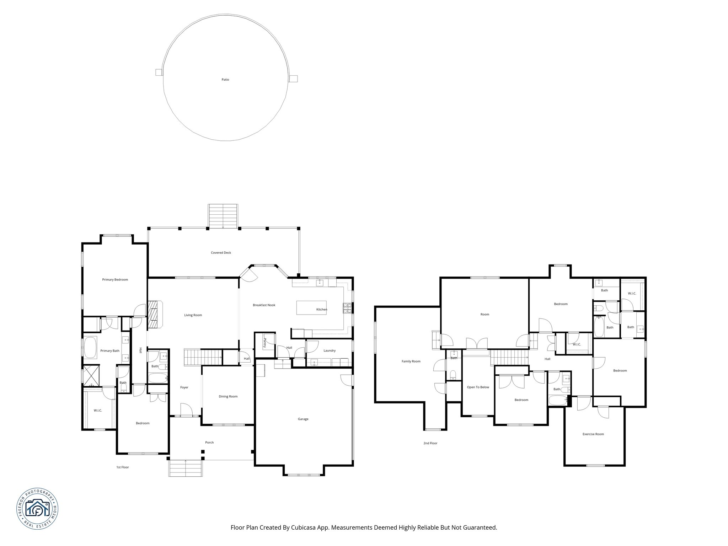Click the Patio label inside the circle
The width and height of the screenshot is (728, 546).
click(x=225, y=80)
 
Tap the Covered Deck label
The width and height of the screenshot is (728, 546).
click(x=221, y=253)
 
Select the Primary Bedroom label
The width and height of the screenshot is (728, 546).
click(x=115, y=280)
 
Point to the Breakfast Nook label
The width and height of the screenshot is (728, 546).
click(x=264, y=305)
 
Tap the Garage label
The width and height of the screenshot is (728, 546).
click(x=303, y=419)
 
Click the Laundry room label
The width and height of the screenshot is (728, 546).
click(x=330, y=350)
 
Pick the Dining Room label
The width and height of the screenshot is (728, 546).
click(x=228, y=396)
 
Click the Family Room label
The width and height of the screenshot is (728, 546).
click(x=411, y=361)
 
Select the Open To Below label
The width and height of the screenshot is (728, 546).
click(x=478, y=387)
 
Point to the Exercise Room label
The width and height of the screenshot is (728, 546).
click(x=593, y=434)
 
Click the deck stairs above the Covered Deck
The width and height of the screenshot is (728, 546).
click(x=223, y=216)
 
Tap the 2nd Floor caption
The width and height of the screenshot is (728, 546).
click(x=430, y=443)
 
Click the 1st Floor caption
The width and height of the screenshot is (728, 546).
click(x=123, y=467)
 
